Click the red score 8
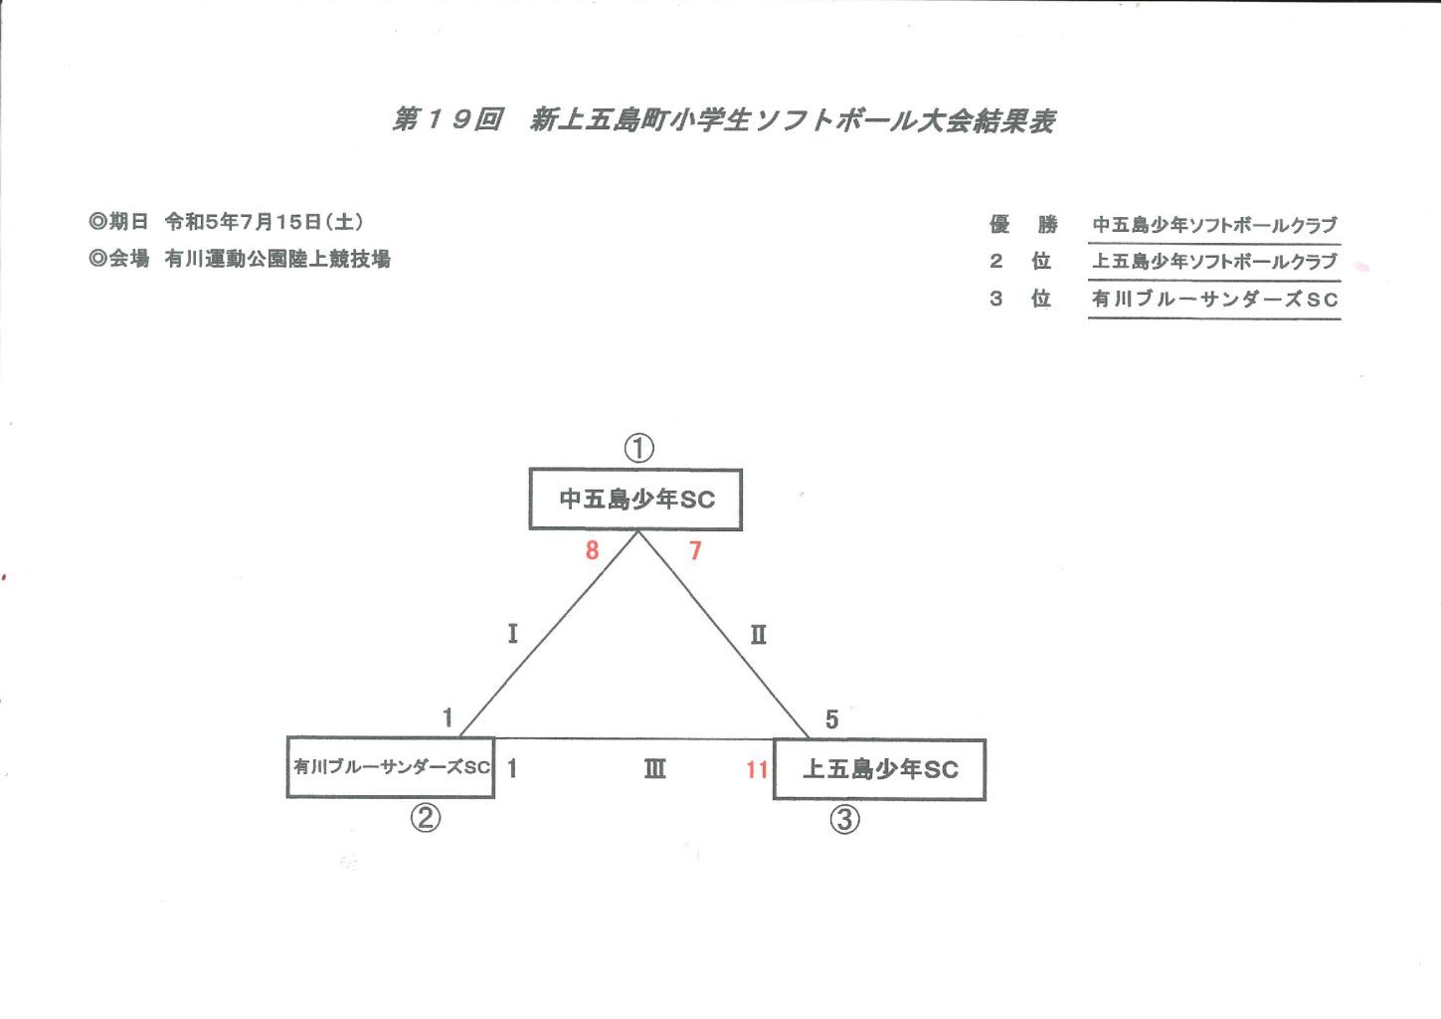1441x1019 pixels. (x=592, y=550)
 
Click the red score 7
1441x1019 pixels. (x=695, y=550)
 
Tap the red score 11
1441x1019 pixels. (x=757, y=769)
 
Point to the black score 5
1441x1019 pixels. (x=831, y=719)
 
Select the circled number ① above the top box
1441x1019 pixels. (x=638, y=448)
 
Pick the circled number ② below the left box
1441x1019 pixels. (x=426, y=818)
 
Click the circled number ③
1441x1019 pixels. (x=844, y=819)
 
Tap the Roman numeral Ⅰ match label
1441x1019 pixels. (x=513, y=634)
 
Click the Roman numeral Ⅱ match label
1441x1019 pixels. (x=759, y=635)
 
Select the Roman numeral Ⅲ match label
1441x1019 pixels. (x=655, y=768)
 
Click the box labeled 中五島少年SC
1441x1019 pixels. (x=635, y=500)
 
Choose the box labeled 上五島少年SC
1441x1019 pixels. (x=879, y=770)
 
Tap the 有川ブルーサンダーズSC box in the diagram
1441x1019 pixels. (x=391, y=767)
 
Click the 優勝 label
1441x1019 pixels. (x=1023, y=224)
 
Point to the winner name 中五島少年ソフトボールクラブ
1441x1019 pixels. (x=1214, y=225)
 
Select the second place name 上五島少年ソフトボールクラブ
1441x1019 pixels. (x=1214, y=262)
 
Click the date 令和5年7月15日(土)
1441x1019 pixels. (x=265, y=222)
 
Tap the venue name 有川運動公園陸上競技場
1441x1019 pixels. (x=277, y=259)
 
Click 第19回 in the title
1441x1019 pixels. (x=448, y=119)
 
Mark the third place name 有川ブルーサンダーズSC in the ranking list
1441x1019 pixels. (x=1214, y=299)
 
